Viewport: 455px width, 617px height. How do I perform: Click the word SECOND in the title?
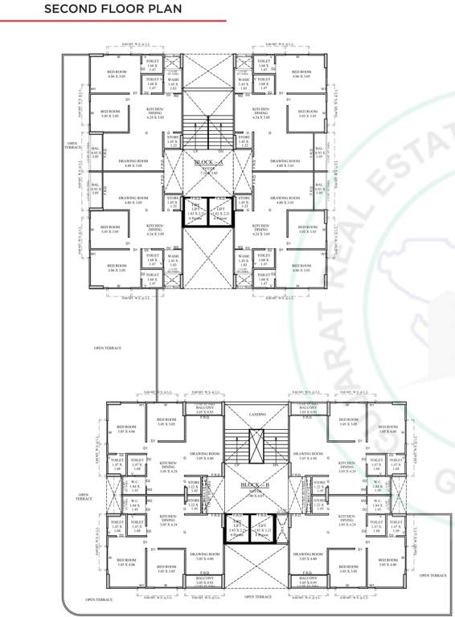coord(70,10)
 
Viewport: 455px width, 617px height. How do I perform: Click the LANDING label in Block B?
coord(256,414)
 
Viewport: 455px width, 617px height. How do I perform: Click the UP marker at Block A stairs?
coord(195,150)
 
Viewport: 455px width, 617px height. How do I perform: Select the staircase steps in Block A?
coord(207,129)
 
